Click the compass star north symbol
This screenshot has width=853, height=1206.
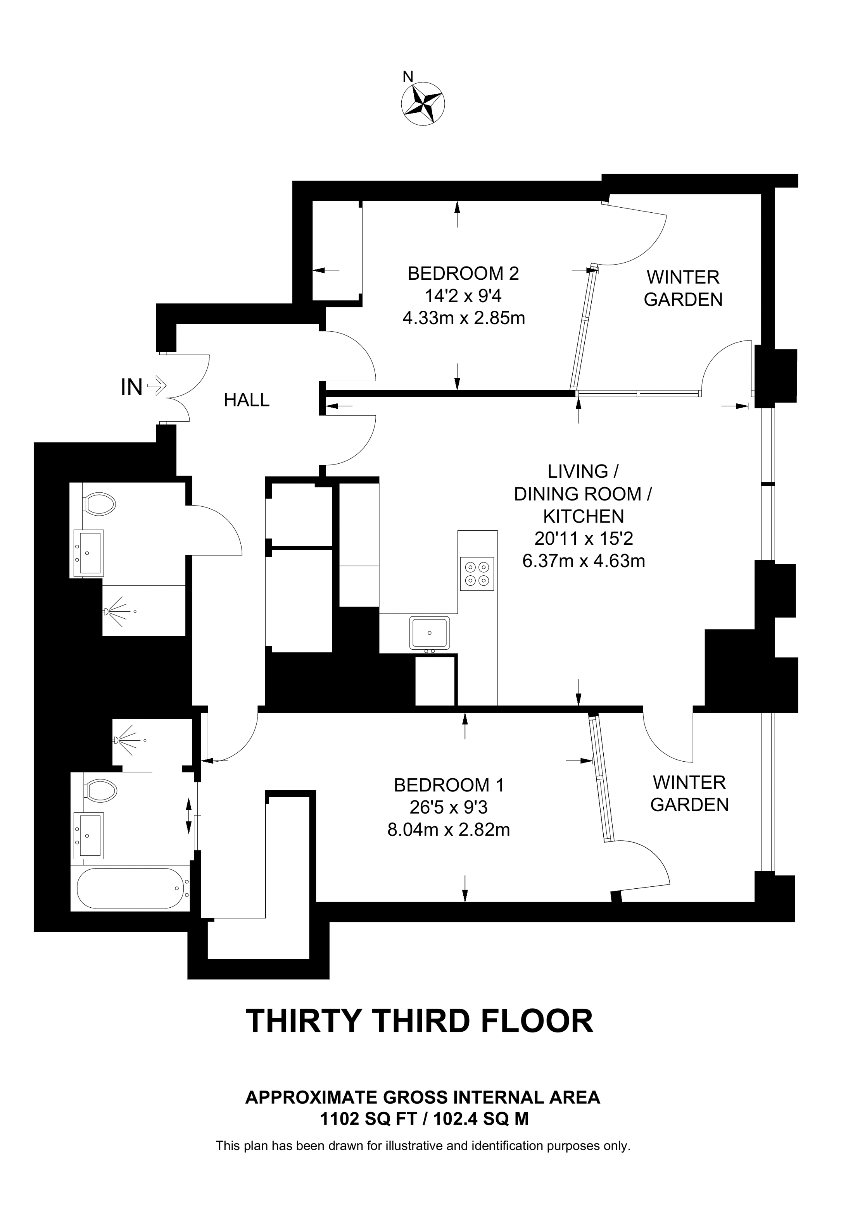click(423, 103)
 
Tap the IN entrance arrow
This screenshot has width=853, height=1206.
click(157, 387)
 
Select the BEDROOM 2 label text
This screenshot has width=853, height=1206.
click(463, 274)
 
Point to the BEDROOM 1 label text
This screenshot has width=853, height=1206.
click(449, 785)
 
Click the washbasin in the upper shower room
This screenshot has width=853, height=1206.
click(89, 553)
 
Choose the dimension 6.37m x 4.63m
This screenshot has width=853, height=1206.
click(584, 561)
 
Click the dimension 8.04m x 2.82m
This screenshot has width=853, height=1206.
click(449, 829)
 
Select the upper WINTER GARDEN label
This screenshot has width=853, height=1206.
click(683, 288)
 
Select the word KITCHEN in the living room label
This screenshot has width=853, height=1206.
click(584, 516)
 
